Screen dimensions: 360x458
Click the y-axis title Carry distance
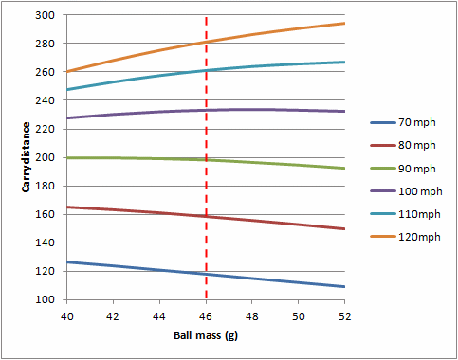pos(27,157)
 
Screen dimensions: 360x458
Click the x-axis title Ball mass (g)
pos(206,335)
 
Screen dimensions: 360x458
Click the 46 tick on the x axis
pos(206,315)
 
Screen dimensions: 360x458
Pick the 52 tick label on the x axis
pos(344,315)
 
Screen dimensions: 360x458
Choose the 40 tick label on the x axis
pos(67,315)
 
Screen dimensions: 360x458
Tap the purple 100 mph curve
pos(284,110)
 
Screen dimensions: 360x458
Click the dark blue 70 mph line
pos(284,281)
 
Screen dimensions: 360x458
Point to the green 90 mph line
pos(284,164)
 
